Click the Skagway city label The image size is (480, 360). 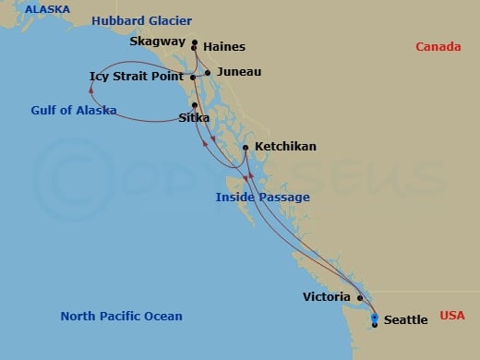157,42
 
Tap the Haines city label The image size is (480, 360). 223,46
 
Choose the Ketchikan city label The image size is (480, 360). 285,147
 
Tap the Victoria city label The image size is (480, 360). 327,297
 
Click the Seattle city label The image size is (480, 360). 405,320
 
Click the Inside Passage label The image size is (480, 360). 262,198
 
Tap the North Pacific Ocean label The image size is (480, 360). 121,317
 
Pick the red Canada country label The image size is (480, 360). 438,47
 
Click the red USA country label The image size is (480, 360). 453,314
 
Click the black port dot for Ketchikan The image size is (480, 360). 245,147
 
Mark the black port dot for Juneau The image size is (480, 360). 208,72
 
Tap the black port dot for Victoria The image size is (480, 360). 359,297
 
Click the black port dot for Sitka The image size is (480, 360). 195,104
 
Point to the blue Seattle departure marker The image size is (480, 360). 374,318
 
